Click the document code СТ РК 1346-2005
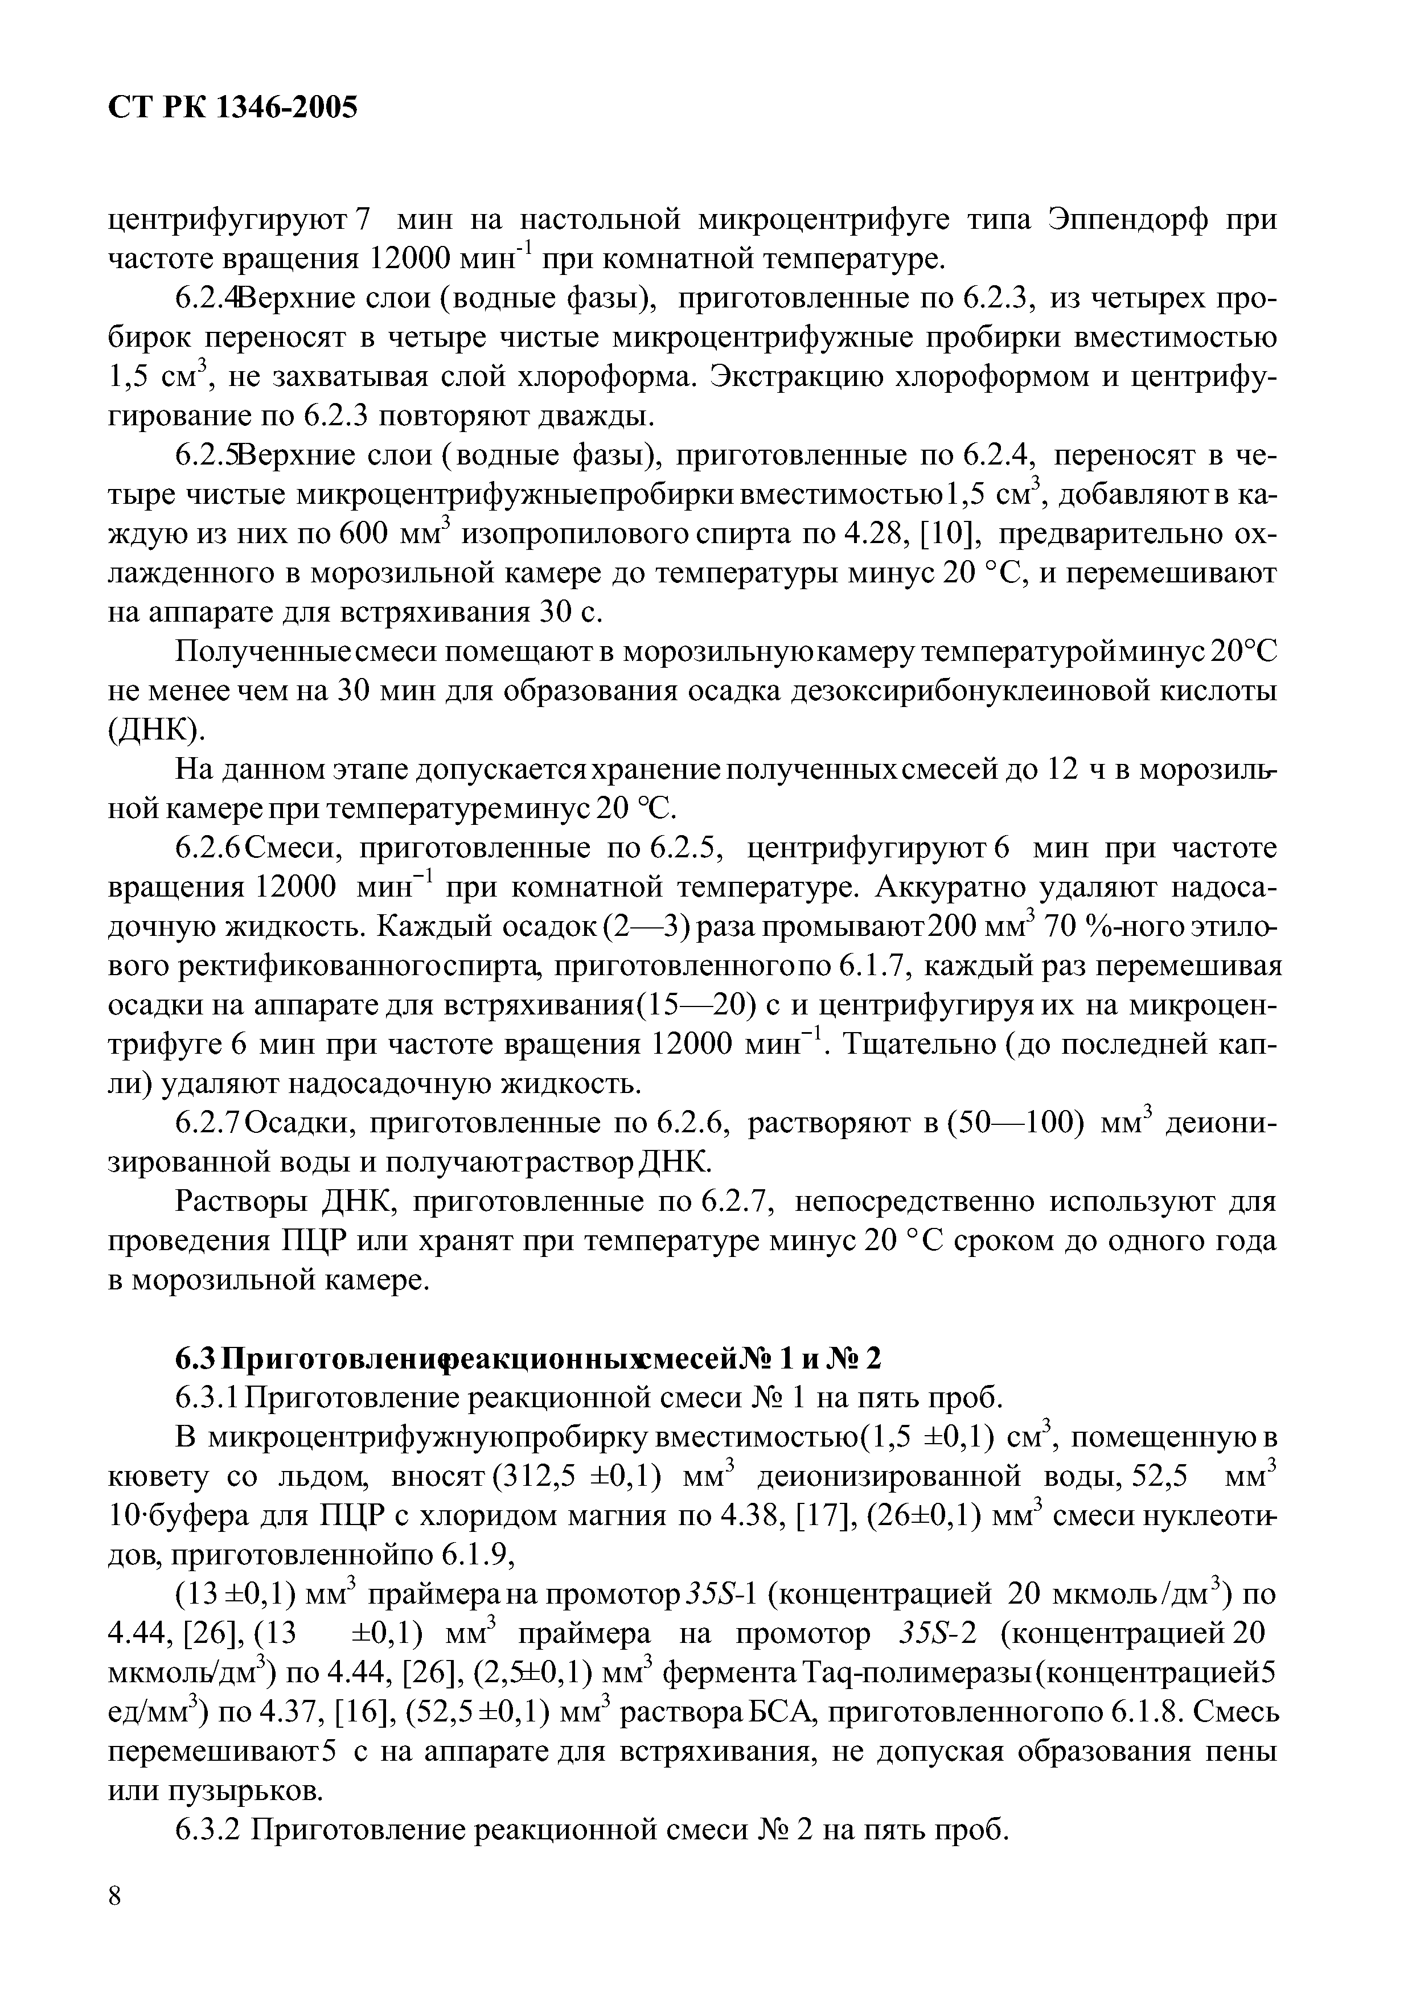(232, 108)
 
